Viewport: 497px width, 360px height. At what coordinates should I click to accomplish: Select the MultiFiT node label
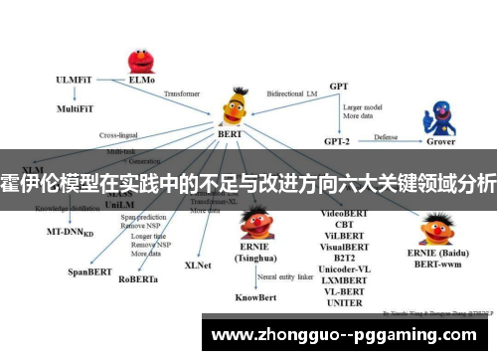tap(77, 107)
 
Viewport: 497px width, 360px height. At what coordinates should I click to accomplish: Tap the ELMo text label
tap(142, 79)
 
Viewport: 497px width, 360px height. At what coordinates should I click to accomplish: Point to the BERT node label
tap(230, 132)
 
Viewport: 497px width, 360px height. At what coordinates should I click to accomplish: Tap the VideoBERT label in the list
tap(343, 214)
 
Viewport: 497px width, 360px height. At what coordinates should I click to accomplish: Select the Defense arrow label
tap(387, 136)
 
